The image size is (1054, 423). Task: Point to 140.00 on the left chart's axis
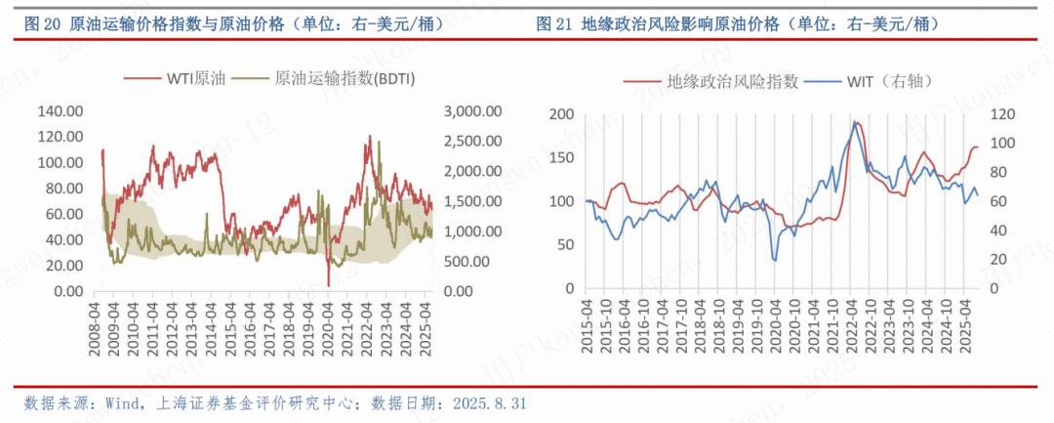coord(60,111)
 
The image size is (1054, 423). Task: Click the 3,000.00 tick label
coord(472,111)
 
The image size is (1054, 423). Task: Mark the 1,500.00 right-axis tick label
coord(472,201)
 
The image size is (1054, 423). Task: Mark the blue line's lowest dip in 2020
coord(775,260)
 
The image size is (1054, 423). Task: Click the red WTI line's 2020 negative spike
coord(329,284)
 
